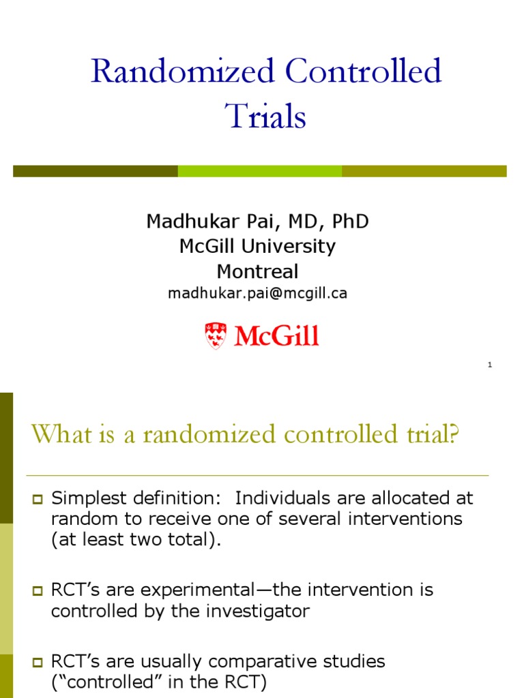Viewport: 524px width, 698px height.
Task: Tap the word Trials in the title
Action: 266,116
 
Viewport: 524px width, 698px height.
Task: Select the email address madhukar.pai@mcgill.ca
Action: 258,293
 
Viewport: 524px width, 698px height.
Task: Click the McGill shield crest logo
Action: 215,336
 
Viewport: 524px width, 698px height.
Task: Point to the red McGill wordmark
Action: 276,336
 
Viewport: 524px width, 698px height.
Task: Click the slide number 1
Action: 490,365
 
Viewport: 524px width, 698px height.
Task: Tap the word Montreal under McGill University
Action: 258,271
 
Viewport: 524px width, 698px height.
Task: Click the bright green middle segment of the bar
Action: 260,171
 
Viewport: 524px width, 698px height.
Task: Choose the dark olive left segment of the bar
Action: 96,171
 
